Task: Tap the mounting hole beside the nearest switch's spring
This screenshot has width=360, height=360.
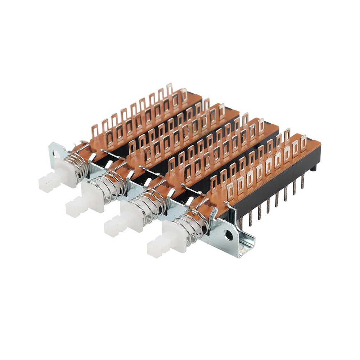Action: (229, 235)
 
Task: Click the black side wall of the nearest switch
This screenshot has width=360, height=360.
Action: (274, 187)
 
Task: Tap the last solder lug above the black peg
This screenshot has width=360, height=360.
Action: (303, 143)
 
